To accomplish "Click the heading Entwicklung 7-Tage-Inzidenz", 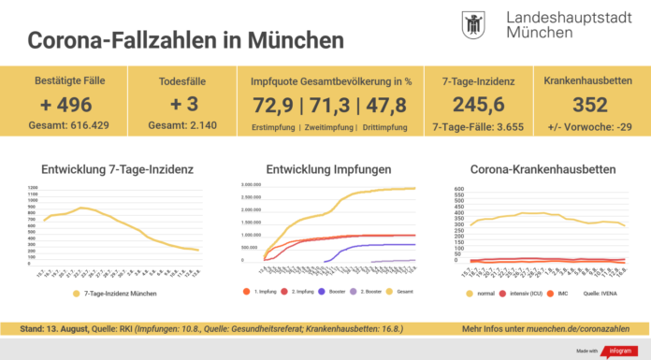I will [x=118, y=169].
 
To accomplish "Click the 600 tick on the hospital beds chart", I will [x=459, y=190].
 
